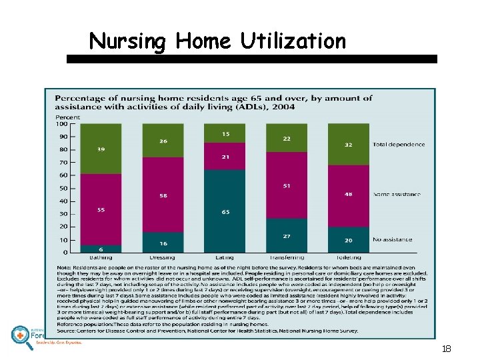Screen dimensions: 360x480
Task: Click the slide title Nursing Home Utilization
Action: (217, 41)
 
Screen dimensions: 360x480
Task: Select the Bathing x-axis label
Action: (100, 257)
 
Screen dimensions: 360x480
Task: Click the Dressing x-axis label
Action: (162, 257)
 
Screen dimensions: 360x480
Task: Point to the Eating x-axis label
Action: (225, 257)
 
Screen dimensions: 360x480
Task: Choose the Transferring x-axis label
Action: (286, 257)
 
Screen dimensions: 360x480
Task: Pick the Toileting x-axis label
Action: (348, 257)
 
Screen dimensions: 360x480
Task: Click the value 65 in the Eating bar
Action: (225, 212)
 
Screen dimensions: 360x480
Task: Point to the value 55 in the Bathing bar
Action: (101, 209)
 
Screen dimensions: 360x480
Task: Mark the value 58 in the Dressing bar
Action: (163, 195)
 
